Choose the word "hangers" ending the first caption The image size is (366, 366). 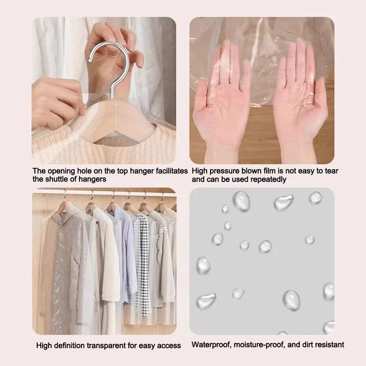pyautogui.click(x=93, y=179)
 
